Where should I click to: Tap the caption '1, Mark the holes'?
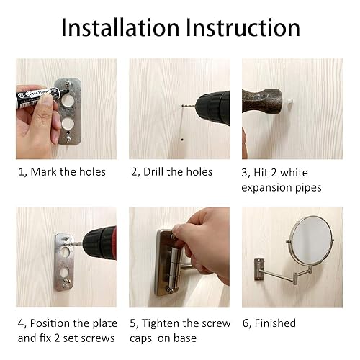(62, 171)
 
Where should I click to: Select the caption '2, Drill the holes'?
(172, 171)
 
